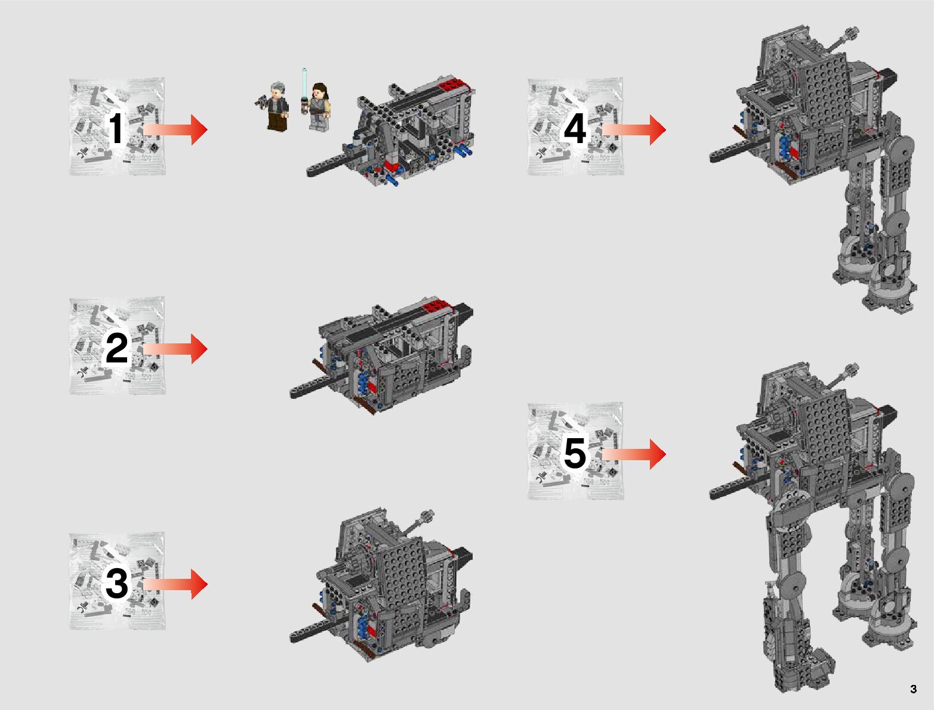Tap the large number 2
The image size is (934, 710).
coord(116,349)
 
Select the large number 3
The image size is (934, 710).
coord(116,584)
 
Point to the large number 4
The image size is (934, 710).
coord(574,129)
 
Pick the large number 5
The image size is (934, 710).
coord(574,454)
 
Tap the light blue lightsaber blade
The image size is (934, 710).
coord(304,80)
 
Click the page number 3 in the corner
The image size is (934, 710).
coord(913,690)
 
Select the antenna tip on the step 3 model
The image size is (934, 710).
coord(427,516)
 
